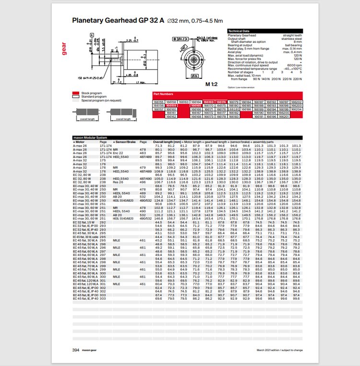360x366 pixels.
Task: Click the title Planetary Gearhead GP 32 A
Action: click(117, 21)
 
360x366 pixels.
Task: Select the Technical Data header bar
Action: click(264, 31)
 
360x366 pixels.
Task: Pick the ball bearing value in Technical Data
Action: click(292, 44)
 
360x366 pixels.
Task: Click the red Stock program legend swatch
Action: click(75, 92)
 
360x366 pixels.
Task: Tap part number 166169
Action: click(208, 102)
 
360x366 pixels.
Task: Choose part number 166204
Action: click(296, 110)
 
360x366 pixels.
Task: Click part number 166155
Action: click(158, 102)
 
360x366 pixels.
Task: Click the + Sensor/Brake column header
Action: click(123, 142)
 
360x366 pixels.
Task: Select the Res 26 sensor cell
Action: click(118, 182)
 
